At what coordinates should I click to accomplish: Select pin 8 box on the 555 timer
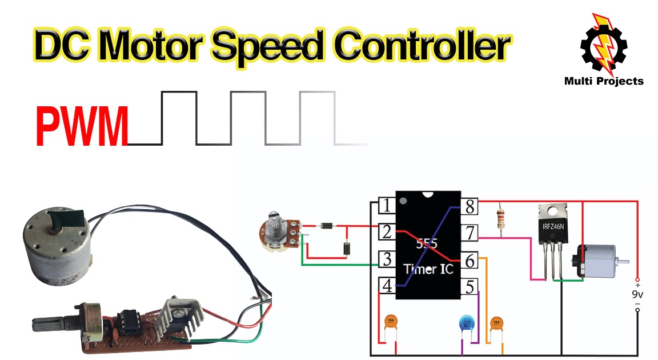[470, 206]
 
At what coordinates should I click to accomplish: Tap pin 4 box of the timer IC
[387, 286]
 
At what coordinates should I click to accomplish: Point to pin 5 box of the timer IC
[470, 286]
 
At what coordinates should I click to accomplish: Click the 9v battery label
[637, 295]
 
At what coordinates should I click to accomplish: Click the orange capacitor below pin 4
[391, 322]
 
